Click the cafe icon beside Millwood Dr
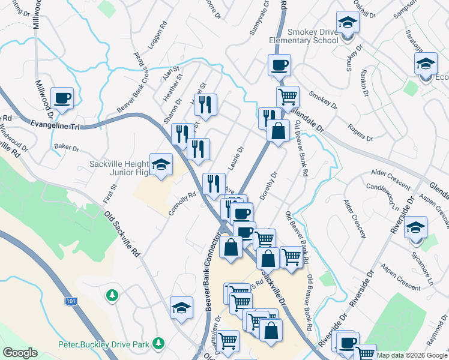(62, 98)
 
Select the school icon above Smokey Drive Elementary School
(347, 23)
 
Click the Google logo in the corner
(19, 353)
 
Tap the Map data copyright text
(412, 355)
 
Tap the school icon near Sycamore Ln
(415, 228)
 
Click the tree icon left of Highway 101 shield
(111, 295)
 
